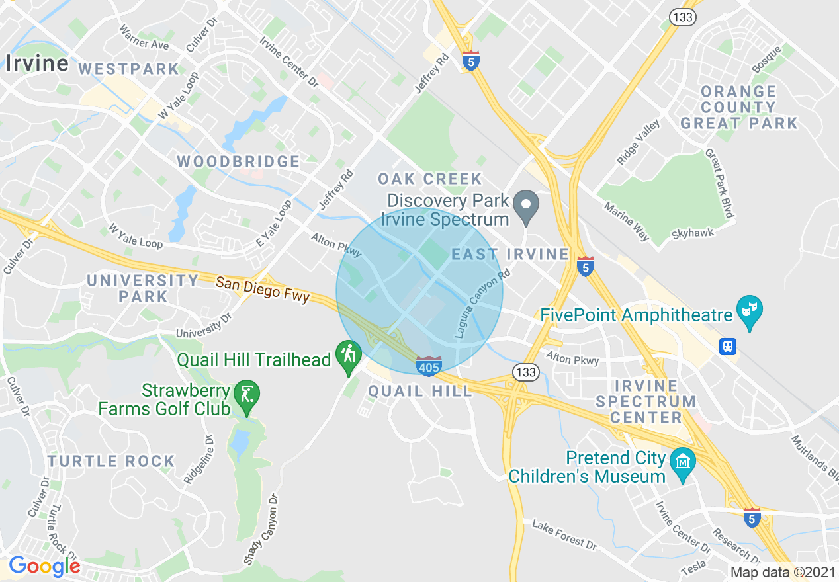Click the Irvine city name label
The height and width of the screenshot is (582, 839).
click(x=37, y=63)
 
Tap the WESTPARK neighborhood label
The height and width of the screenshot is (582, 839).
click(x=129, y=69)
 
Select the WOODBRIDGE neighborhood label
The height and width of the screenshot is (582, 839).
click(x=238, y=161)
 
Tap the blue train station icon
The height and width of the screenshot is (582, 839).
click(x=728, y=346)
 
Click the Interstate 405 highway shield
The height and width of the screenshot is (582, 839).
click(x=429, y=365)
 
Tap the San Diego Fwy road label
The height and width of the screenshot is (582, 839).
click(x=263, y=289)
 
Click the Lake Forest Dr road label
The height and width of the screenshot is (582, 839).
click(x=564, y=534)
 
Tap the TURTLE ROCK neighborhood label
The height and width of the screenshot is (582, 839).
click(x=111, y=461)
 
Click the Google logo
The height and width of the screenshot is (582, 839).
click(x=44, y=567)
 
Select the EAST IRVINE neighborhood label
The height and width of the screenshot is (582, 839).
click(x=510, y=255)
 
